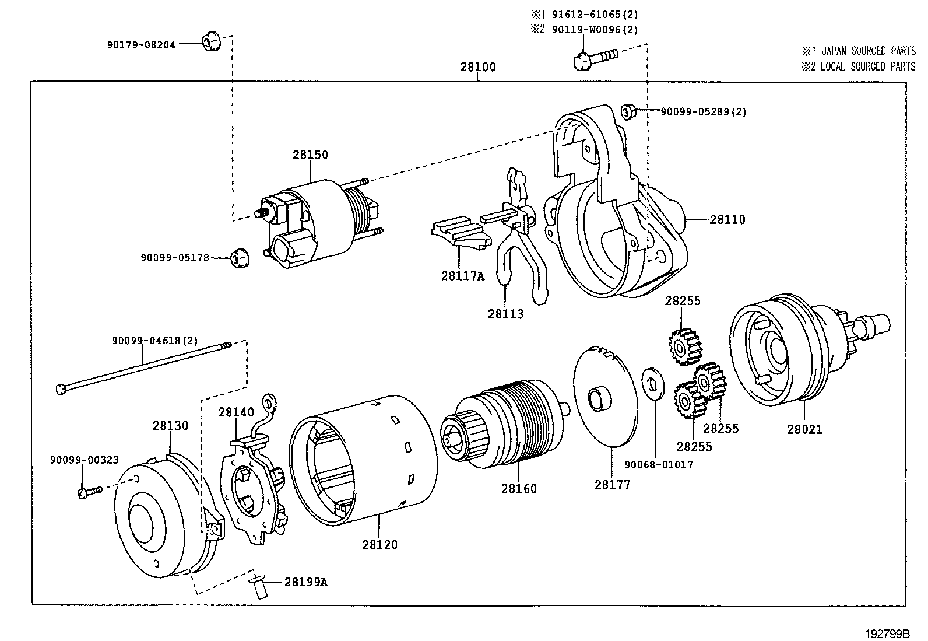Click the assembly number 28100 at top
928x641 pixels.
(x=478, y=67)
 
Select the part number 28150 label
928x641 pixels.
(x=310, y=155)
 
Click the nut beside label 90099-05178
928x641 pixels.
(x=238, y=257)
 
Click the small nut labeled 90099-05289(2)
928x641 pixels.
(x=628, y=111)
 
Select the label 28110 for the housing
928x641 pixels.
(x=727, y=220)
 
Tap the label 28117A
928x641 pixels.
(x=462, y=276)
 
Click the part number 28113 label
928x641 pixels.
(x=505, y=314)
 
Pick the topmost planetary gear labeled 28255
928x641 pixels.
(x=684, y=345)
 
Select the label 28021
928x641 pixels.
(x=804, y=429)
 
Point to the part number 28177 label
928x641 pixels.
(x=612, y=484)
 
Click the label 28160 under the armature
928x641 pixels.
(x=518, y=488)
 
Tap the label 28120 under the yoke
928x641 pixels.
(x=379, y=545)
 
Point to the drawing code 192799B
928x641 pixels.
(x=887, y=633)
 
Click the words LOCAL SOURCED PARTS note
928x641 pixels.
(x=867, y=66)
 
